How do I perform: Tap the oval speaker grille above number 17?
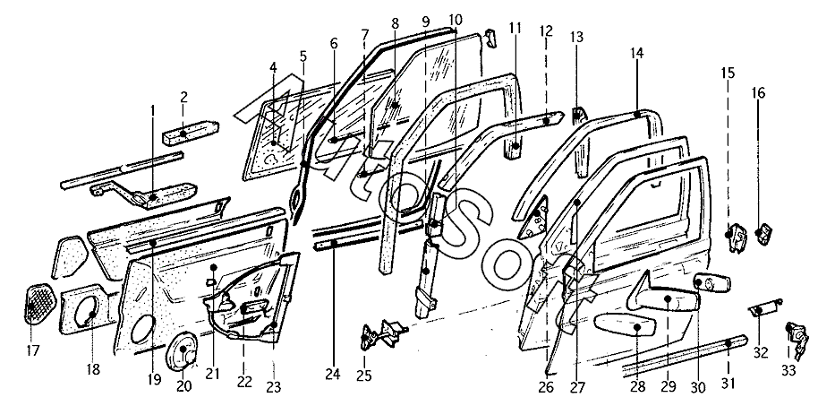coord(40,305)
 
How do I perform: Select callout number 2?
coord(183,97)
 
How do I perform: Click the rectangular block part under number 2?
coord(191,131)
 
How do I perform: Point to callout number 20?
coord(183,386)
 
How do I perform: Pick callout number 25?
coord(364,376)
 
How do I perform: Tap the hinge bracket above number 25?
coord(382,333)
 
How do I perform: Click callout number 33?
coord(788,370)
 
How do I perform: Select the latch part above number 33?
coord(797,340)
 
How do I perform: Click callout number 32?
coord(761,352)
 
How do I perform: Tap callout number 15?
coord(728,72)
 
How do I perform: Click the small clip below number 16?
coord(764,233)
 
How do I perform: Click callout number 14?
coord(637,52)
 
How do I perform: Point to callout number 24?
coord(332,375)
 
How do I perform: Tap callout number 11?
coord(515,29)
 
